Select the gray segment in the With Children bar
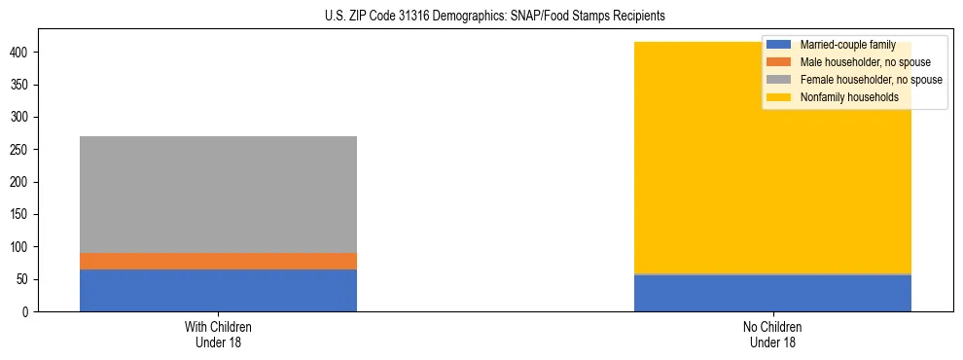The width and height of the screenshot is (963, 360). (x=218, y=195)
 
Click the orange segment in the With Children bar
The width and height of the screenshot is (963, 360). (x=218, y=261)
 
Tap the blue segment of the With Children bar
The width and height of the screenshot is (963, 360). (x=218, y=290)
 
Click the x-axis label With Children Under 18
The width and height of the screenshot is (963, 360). (x=218, y=335)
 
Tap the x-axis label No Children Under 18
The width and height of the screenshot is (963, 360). (x=772, y=335)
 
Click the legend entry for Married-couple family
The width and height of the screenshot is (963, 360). (x=846, y=45)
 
